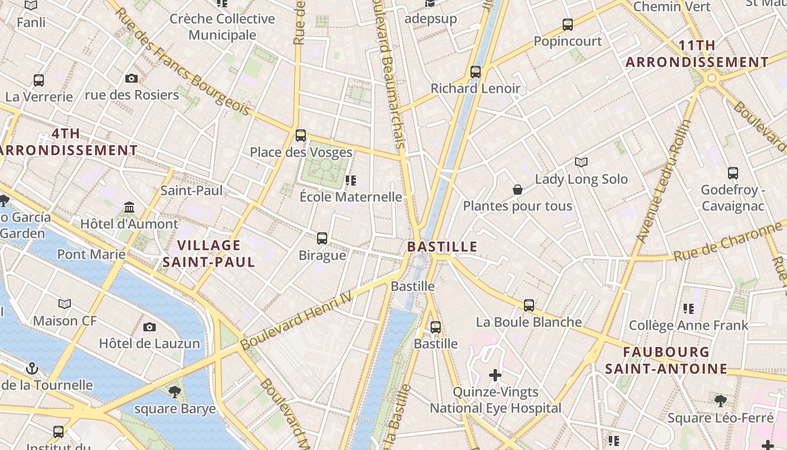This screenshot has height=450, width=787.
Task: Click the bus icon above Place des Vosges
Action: tap(301, 135)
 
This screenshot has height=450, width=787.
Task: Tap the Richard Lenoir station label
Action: tap(476, 88)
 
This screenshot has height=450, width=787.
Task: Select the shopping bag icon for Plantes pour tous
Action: tap(518, 190)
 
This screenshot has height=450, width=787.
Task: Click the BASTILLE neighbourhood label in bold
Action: tap(442, 246)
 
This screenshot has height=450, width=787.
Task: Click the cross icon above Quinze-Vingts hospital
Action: tap(495, 375)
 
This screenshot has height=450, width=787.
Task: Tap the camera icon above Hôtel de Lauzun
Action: tap(150, 327)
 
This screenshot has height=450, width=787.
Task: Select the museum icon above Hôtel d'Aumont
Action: tap(129, 207)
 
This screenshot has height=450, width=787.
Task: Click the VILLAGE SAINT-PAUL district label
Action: tap(209, 253)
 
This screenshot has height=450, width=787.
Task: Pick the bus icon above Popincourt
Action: tap(568, 25)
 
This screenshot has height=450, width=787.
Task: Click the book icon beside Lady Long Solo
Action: tap(581, 163)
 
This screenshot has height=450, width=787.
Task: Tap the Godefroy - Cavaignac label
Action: tap(732, 197)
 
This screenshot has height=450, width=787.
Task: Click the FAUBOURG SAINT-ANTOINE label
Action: tap(666, 361)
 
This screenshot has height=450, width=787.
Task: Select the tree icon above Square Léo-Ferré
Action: tap(721, 400)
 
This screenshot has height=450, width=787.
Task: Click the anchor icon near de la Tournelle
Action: tap(32, 368)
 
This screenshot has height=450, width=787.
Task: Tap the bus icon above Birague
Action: tap(322, 238)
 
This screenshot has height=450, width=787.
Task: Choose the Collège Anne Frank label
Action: tap(689, 325)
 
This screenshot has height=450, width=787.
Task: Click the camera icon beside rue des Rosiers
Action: tap(132, 78)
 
